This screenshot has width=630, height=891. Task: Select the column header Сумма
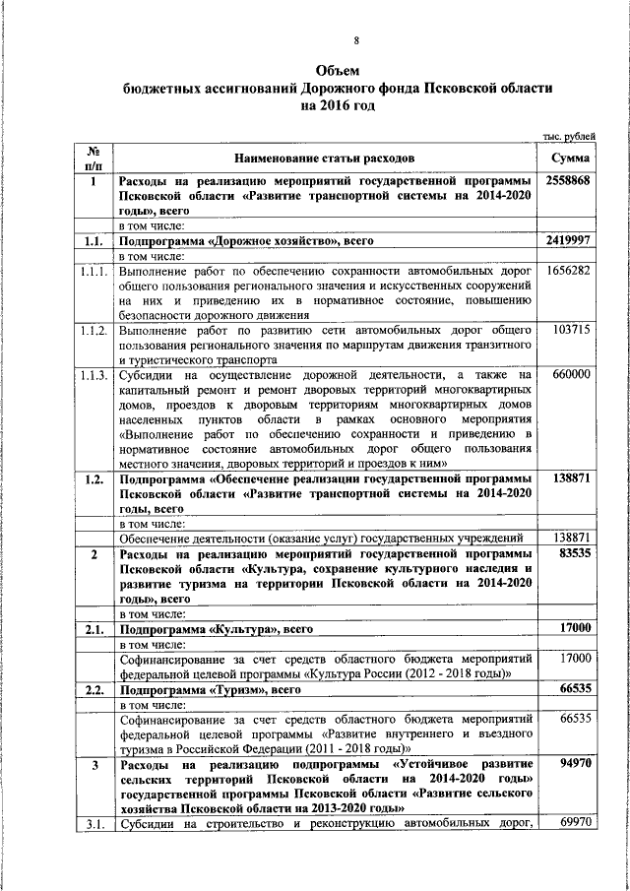[x=571, y=158]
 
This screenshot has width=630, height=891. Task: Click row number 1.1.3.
[x=94, y=374]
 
